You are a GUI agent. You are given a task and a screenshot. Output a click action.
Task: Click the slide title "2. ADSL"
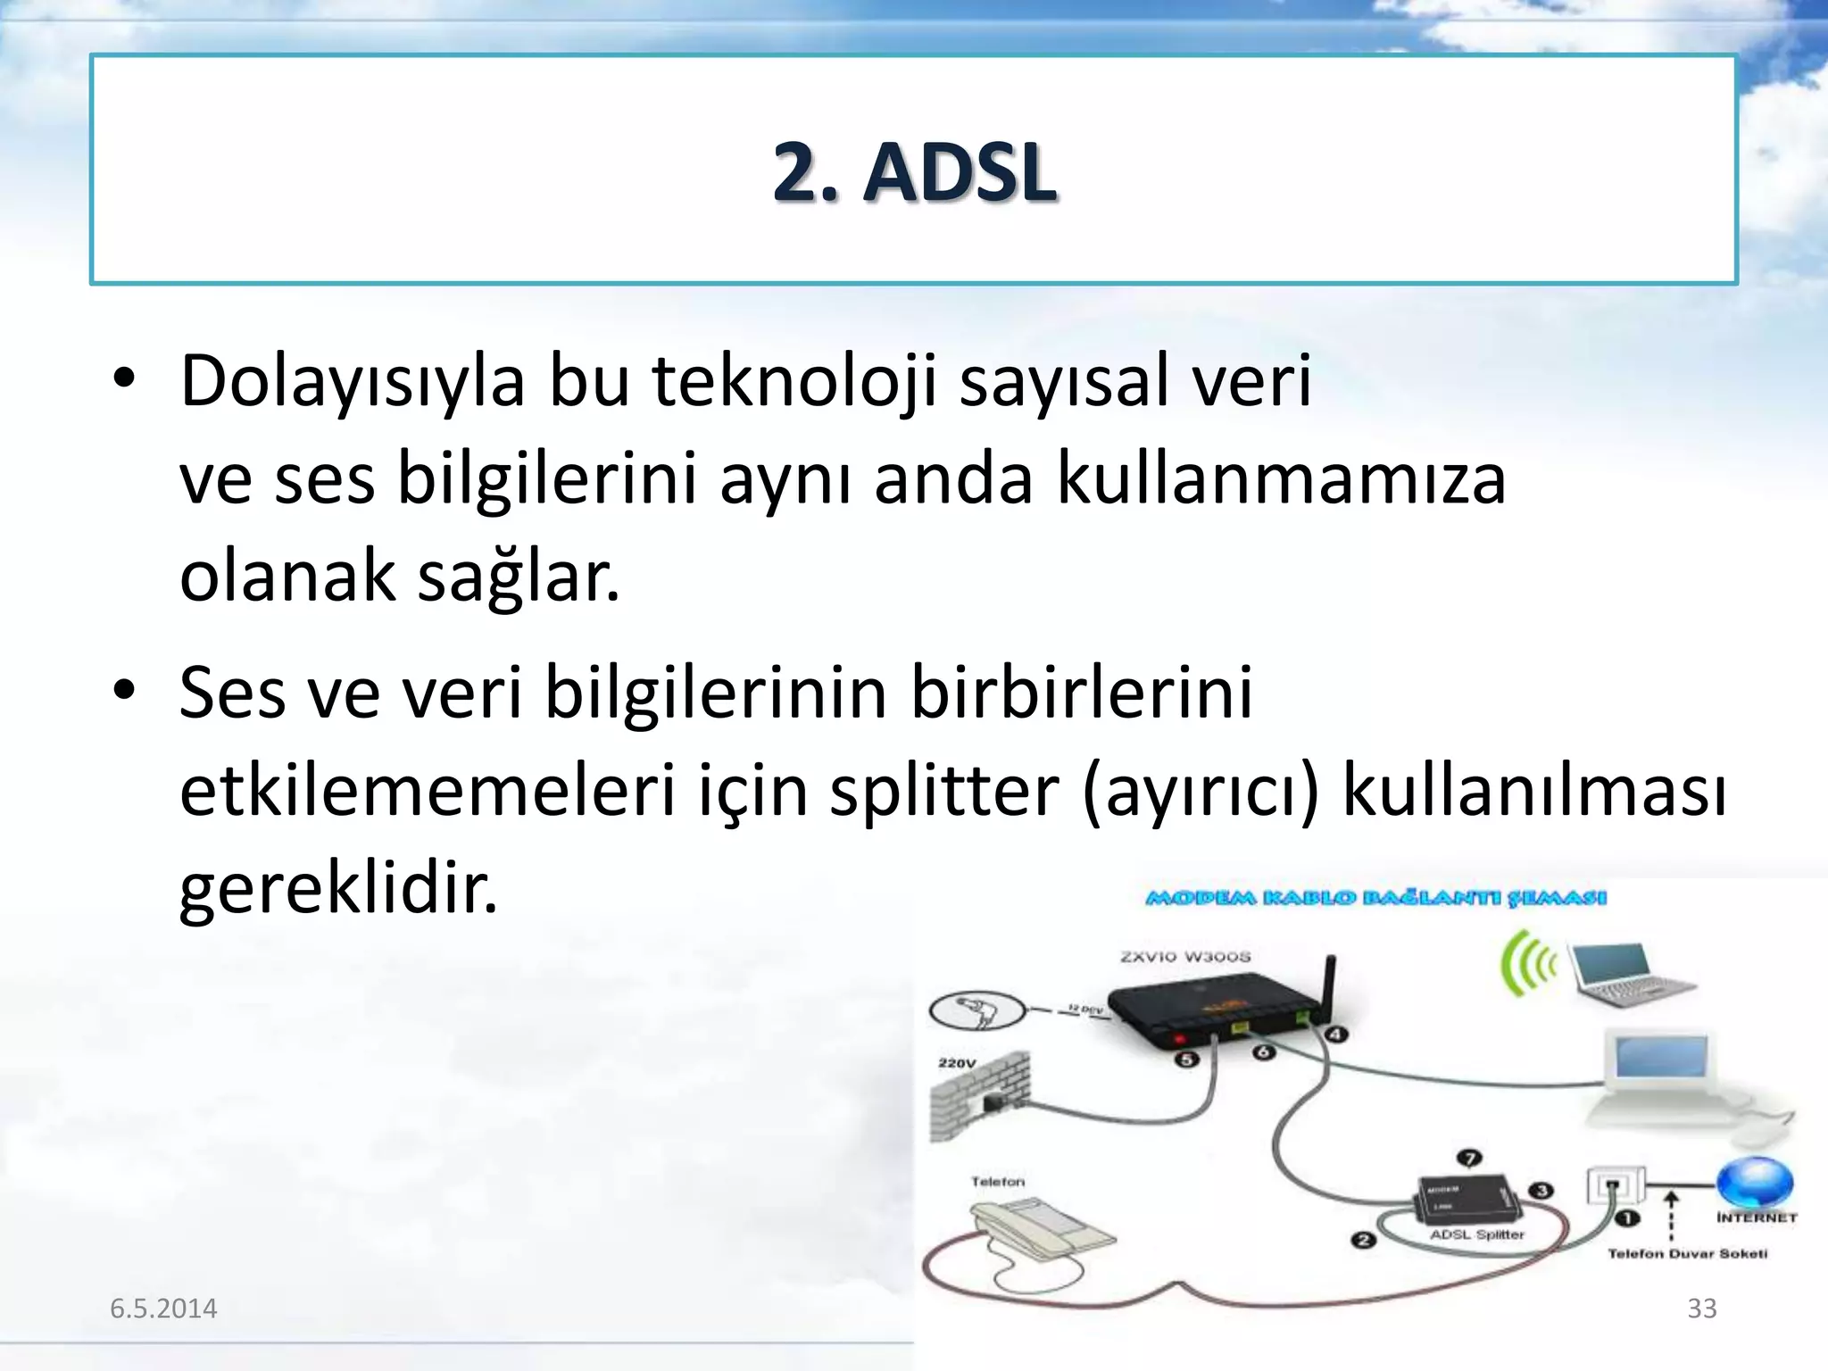pos(914,172)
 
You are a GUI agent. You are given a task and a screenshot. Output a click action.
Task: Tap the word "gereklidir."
pos(338,890)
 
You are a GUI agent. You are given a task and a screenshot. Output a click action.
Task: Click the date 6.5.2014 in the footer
pos(163,1309)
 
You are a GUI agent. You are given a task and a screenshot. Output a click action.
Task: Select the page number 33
pos(1701,1309)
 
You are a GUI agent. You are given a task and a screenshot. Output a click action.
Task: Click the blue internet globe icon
pos(1755,1183)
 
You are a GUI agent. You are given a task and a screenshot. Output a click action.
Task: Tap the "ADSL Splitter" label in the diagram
pos(1476,1235)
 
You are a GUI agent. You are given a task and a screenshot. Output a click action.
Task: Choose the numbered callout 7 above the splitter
pos(1469,1159)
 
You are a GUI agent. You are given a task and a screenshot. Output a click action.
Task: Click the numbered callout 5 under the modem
pos(1185,1060)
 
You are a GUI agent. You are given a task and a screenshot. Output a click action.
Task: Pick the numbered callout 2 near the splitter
pos(1363,1240)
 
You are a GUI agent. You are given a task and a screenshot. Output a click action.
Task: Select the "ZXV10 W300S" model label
pos(1185,957)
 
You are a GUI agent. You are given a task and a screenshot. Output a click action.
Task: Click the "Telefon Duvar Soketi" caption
pos(1687,1254)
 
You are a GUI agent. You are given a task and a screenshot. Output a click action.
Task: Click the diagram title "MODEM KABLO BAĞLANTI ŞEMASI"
pos(1375,898)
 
